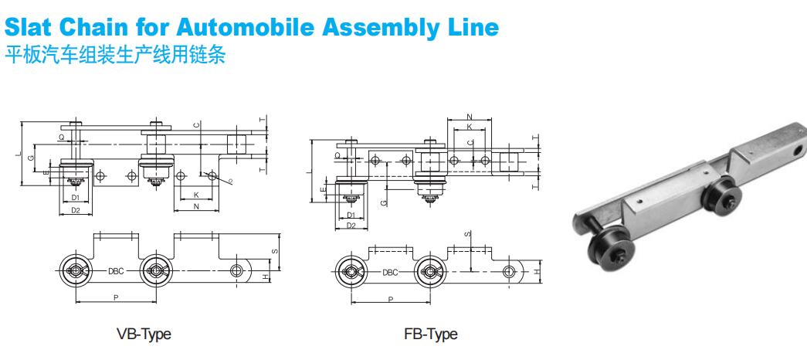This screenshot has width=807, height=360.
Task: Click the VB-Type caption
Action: click(143, 334)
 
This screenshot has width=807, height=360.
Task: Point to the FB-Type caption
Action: click(430, 334)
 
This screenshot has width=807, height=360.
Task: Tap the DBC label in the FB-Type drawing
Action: click(390, 273)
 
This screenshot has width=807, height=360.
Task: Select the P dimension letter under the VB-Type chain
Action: click(115, 296)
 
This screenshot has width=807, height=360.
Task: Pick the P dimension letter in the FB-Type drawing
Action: click(389, 298)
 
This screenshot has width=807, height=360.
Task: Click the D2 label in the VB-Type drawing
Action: click(75, 210)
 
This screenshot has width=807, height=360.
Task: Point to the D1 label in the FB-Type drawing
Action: click(351, 215)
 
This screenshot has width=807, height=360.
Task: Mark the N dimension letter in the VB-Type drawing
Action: click(196, 207)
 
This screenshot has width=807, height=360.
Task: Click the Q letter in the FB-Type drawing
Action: click(337, 155)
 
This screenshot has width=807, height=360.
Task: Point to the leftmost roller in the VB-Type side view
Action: click(75, 270)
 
